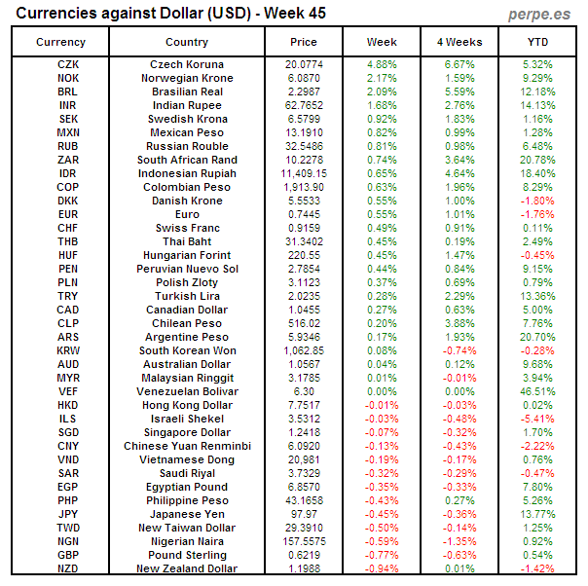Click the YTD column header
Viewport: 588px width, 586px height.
point(537,42)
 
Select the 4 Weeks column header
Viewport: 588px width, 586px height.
point(459,42)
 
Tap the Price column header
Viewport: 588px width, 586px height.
point(304,42)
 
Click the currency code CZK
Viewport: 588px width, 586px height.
point(68,64)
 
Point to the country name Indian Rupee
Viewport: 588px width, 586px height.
point(187,105)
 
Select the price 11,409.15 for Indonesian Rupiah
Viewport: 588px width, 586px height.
point(304,173)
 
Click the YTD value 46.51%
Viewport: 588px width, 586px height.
point(537,391)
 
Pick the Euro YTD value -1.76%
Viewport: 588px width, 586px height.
point(537,214)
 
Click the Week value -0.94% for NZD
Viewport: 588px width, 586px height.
point(382,568)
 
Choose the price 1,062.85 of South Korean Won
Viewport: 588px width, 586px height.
point(304,350)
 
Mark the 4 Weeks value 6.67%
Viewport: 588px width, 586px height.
point(459,64)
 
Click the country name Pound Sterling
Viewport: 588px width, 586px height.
point(187,555)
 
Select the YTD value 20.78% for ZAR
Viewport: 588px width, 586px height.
point(537,160)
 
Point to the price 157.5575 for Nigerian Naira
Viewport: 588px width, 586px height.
point(304,541)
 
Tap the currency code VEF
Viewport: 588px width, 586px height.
point(68,391)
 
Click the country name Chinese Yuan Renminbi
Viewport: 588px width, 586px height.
point(187,446)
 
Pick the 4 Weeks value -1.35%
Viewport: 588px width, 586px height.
point(459,541)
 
